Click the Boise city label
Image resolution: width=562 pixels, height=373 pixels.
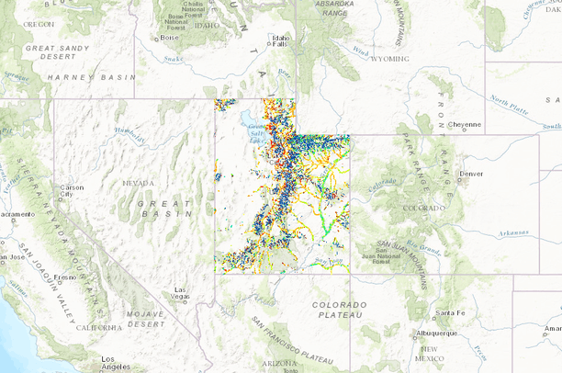point(171,39)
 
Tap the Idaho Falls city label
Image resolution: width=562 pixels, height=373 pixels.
point(279,41)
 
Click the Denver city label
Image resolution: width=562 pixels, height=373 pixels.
point(471,173)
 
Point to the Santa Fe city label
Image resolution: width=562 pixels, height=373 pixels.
point(450,313)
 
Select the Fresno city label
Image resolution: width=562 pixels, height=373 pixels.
point(64,277)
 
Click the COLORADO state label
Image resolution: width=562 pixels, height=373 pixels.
point(422,208)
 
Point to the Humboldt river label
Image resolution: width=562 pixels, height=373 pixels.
point(129,135)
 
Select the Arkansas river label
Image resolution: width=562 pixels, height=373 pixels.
point(518,233)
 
